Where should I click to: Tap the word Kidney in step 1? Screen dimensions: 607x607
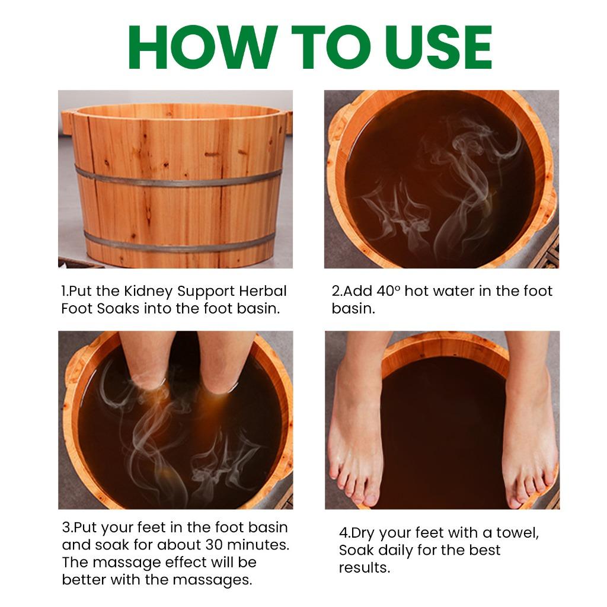coord(150,292)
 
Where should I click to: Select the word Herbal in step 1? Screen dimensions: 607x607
coord(263,292)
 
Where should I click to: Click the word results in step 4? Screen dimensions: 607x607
coord(364,567)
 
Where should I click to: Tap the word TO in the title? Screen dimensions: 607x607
coord(321,47)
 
